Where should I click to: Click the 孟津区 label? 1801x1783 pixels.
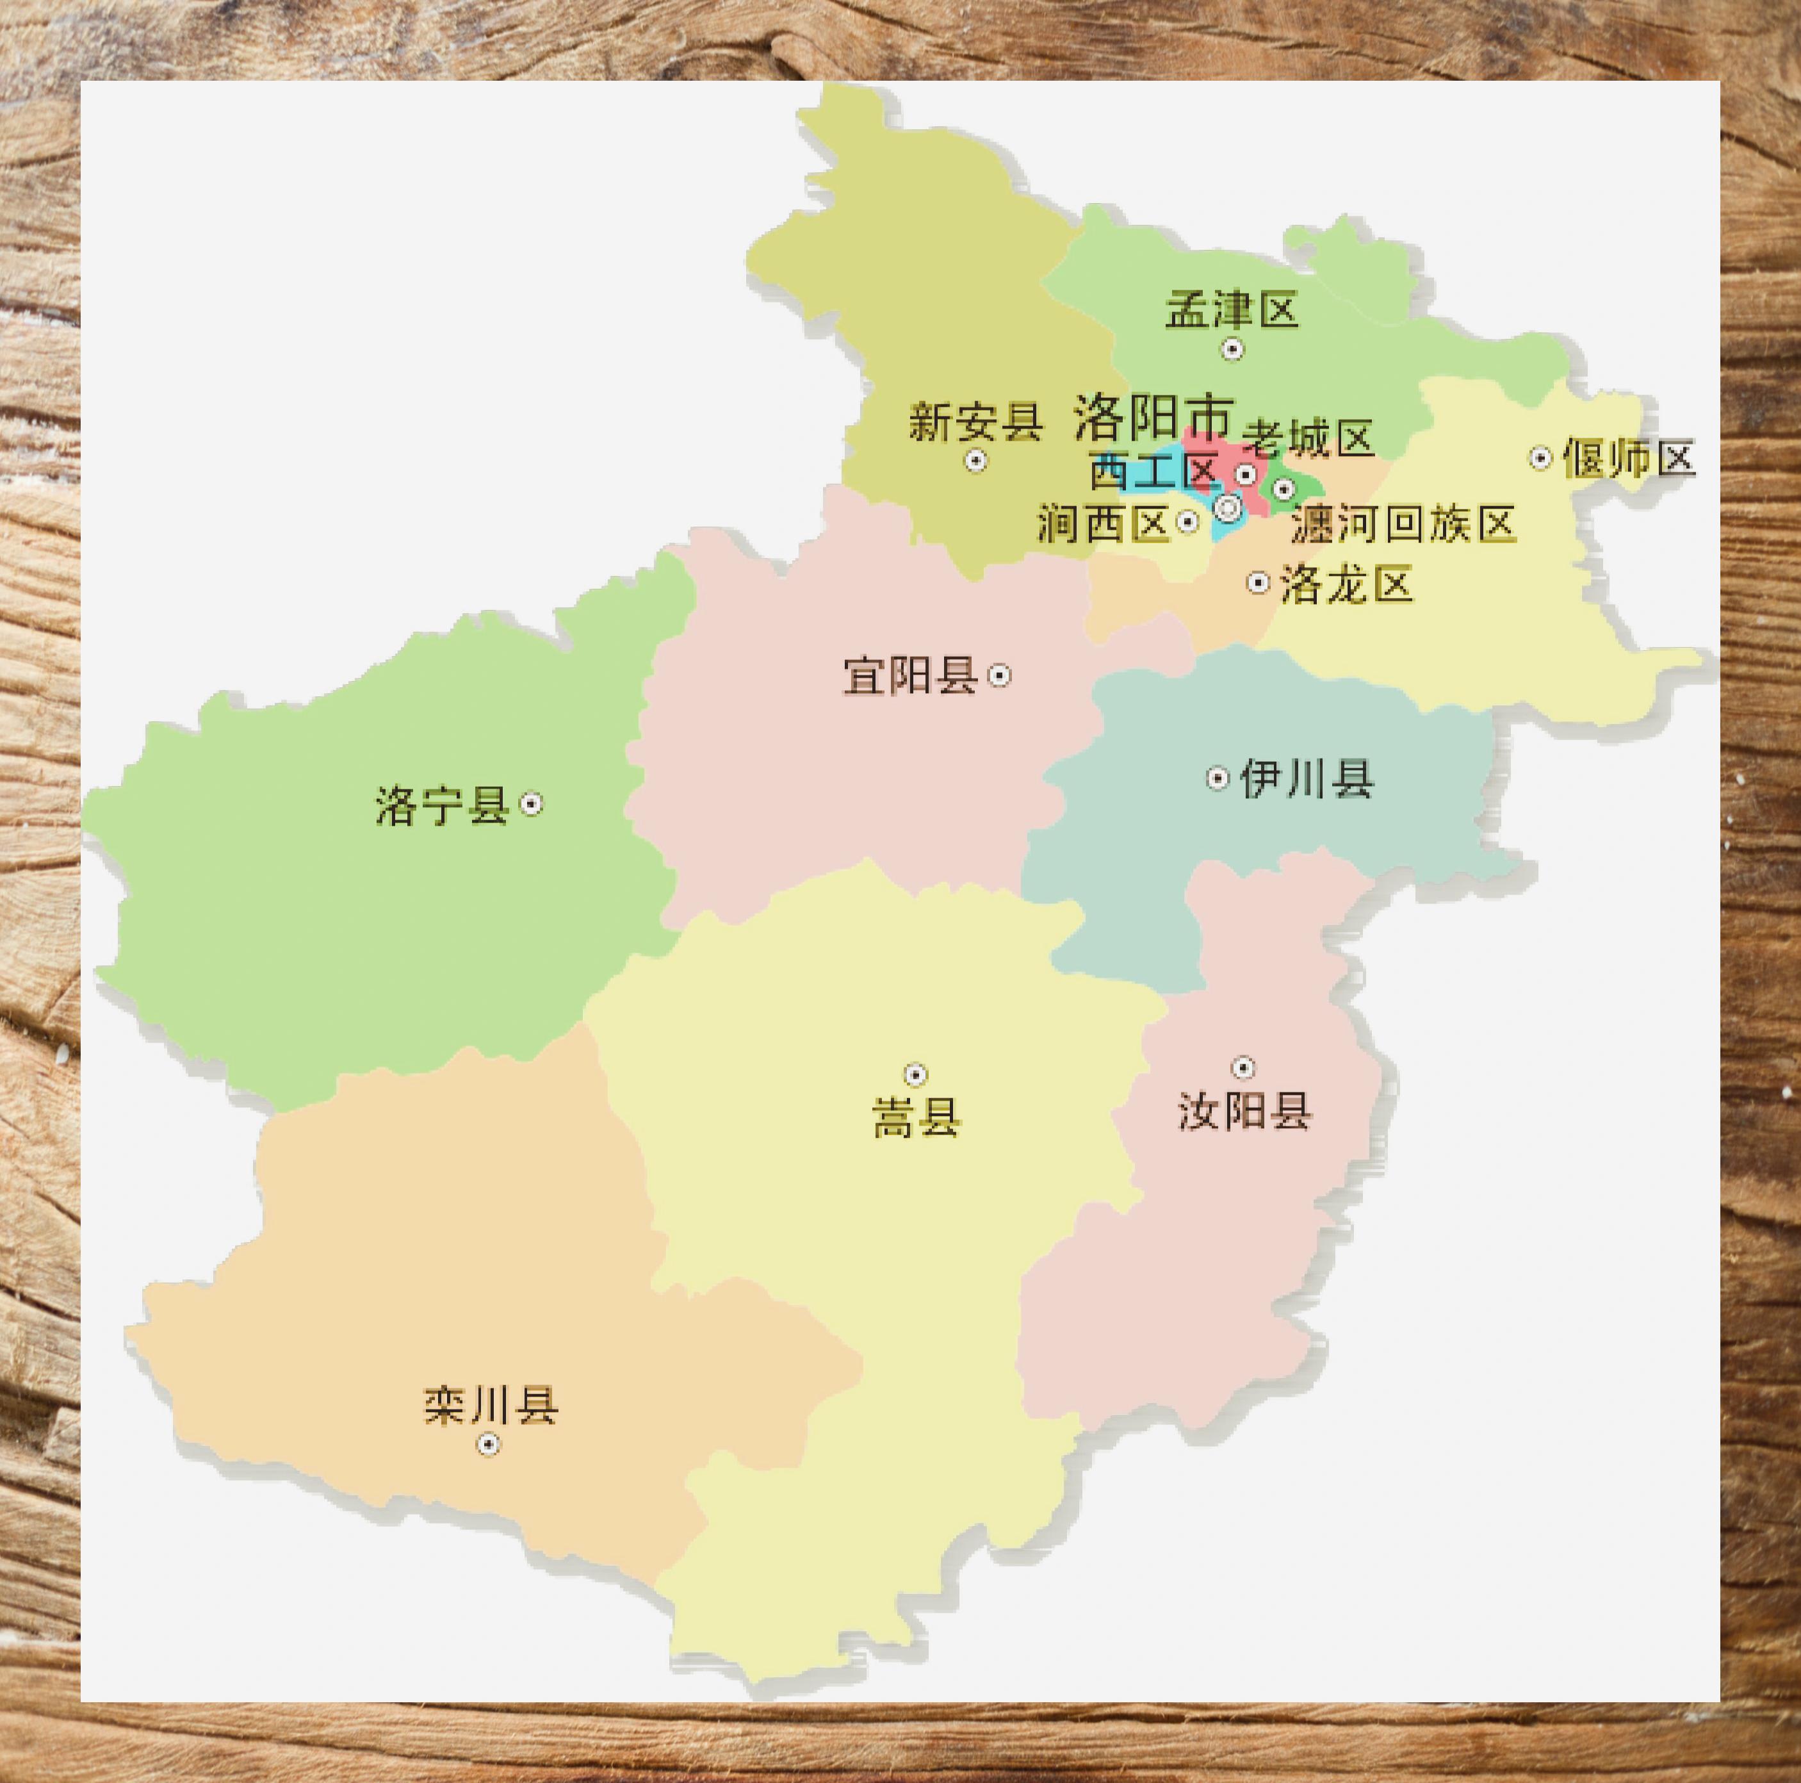coord(1232,311)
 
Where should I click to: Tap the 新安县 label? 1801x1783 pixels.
coord(975,422)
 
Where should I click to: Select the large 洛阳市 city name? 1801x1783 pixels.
coord(1154,417)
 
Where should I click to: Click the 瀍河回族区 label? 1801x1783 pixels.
coord(1403,525)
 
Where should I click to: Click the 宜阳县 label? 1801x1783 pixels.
coord(910,675)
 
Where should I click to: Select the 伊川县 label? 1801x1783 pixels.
coord(1307,778)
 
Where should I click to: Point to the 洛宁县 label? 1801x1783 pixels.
coord(443,805)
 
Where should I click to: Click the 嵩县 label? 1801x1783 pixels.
coord(917,1118)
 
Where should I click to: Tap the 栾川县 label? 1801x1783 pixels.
coord(491,1406)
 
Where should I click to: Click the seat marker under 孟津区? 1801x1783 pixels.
coord(1232,349)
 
